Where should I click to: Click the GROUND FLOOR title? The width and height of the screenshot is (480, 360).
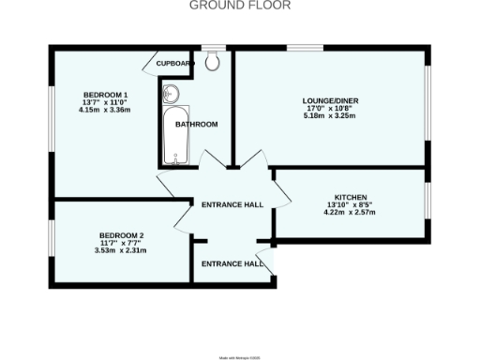(x=240, y=6)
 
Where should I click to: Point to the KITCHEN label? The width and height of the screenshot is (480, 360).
(x=349, y=197)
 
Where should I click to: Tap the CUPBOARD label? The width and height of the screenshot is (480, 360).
(x=174, y=64)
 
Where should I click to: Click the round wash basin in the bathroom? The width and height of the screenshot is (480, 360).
(x=171, y=94)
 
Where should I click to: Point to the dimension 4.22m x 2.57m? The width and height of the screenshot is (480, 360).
(x=349, y=213)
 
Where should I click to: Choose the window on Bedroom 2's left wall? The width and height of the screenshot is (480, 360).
(x=51, y=241)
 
